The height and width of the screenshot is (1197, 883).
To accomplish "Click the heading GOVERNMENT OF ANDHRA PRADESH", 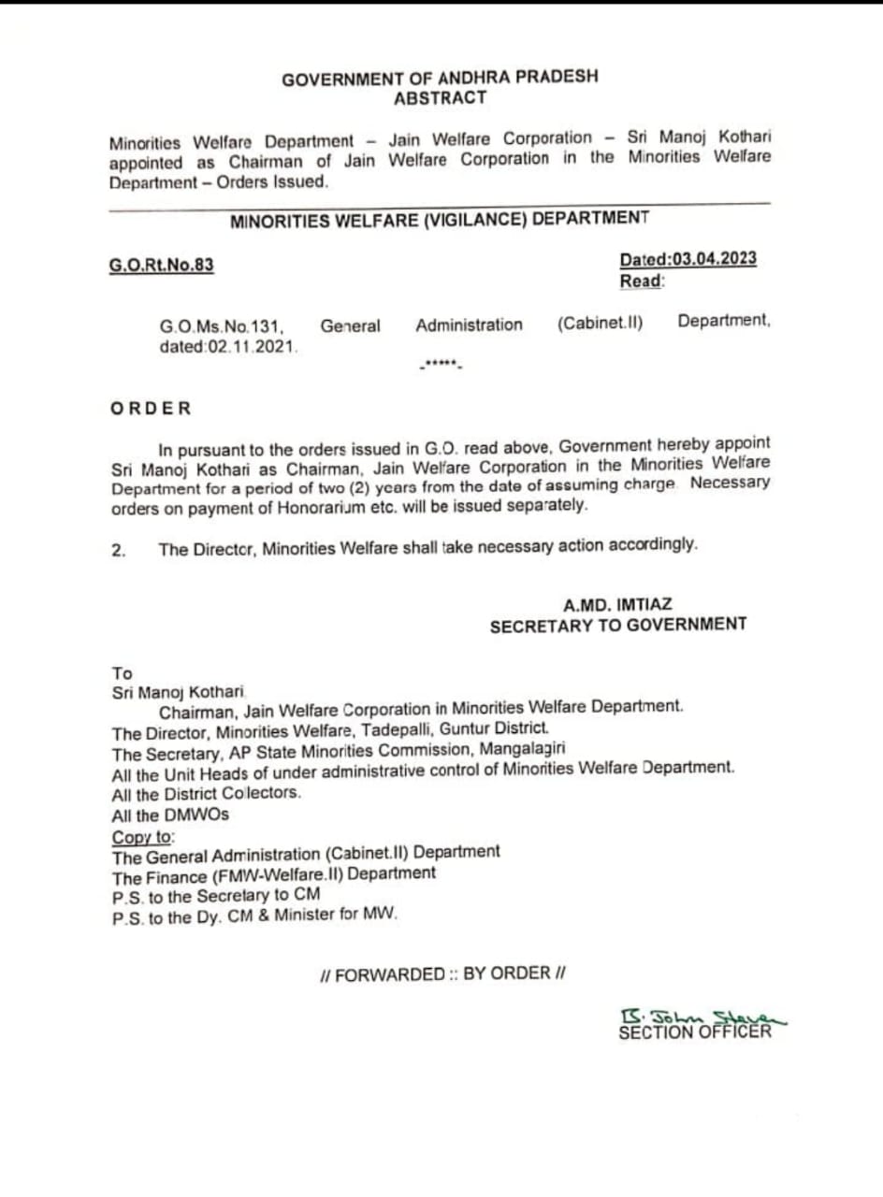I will pos(440,79).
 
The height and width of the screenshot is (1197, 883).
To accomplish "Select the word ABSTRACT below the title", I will pos(440,98).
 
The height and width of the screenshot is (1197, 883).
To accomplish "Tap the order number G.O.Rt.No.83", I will pos(162,265).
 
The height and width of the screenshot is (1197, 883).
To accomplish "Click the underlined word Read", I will pos(641,281).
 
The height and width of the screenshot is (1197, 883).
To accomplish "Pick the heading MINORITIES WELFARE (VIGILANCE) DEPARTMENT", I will pos(440,219).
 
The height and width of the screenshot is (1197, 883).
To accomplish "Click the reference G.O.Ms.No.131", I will pos(221,326).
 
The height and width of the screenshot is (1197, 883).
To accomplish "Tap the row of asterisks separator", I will pos(440,363).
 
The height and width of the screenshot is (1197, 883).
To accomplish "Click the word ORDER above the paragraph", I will pos(151,408).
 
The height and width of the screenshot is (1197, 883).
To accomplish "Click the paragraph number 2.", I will pos(118,550).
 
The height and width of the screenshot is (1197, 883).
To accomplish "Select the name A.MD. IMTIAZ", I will pos(617,605).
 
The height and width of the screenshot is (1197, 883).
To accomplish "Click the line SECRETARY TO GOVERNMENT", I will pos(617,626).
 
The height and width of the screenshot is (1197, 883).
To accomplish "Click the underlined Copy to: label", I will pos(143,837).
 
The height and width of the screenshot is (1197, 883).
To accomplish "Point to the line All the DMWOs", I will pos(169,815).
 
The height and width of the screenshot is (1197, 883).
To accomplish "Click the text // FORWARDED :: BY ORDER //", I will pos(442,974).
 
